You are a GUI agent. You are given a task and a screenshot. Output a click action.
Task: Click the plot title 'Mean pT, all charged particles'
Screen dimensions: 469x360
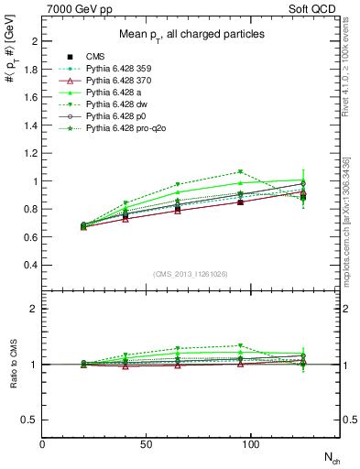[191, 34]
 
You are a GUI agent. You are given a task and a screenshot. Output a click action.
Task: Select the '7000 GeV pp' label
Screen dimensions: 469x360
[78, 7]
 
